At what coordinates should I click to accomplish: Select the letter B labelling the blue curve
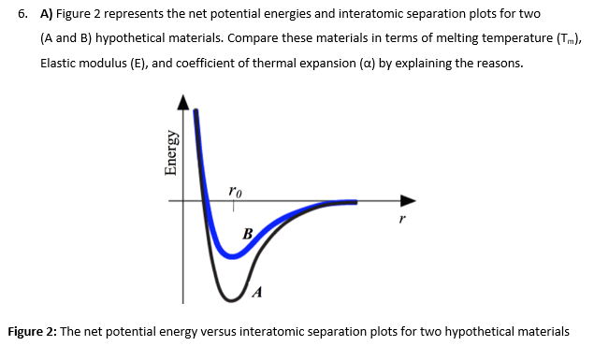click(247, 234)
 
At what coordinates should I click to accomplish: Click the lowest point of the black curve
click(229, 297)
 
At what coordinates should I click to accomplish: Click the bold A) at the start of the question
click(46, 17)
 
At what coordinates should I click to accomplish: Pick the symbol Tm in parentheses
click(551, 42)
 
